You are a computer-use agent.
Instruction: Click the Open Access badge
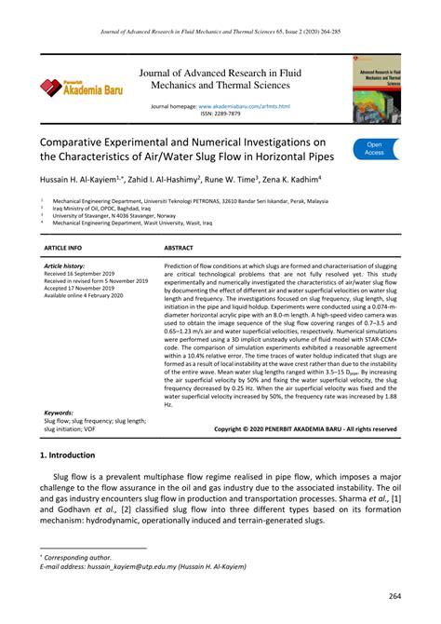(374, 149)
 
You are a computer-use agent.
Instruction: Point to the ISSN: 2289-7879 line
(221, 115)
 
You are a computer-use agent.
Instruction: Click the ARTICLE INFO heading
(63, 249)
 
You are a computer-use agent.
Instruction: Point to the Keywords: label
(60, 412)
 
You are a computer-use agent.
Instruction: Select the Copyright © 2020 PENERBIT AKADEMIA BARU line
(305, 429)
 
